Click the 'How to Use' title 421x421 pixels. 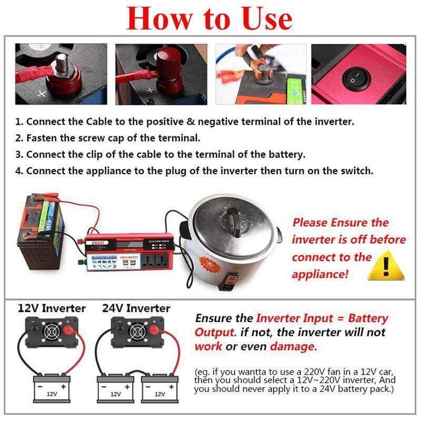pos(209,19)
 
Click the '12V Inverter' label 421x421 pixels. pos(52,308)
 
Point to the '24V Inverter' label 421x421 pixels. pos(136,308)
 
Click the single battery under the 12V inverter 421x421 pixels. pos(52,388)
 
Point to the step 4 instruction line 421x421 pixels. pos(194,171)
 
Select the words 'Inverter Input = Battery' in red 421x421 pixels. pos(322,318)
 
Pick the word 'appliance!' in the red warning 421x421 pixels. pos(320,274)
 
